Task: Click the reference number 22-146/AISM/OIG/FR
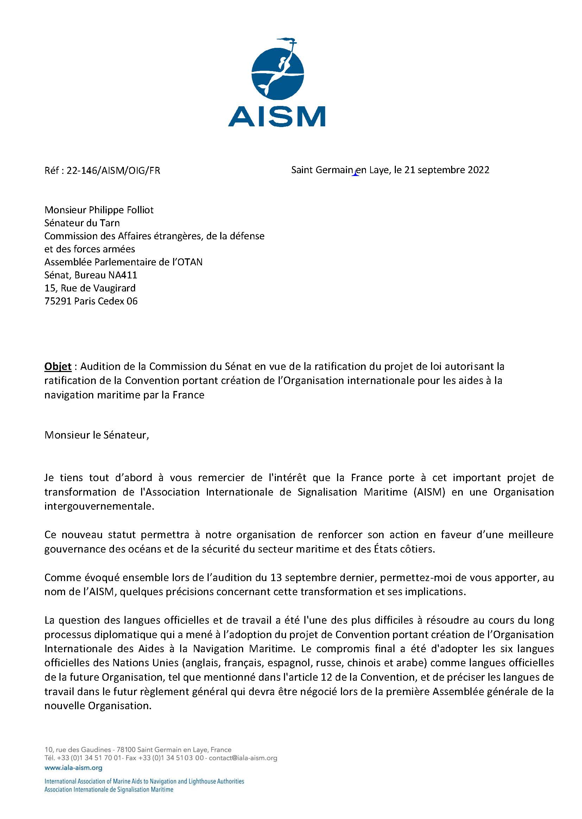(113, 170)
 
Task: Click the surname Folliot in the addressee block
(137, 210)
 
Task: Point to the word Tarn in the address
(109, 223)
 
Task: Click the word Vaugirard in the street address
(114, 288)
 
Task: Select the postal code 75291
(58, 301)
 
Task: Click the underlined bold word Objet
(58, 366)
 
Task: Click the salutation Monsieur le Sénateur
(96, 435)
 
